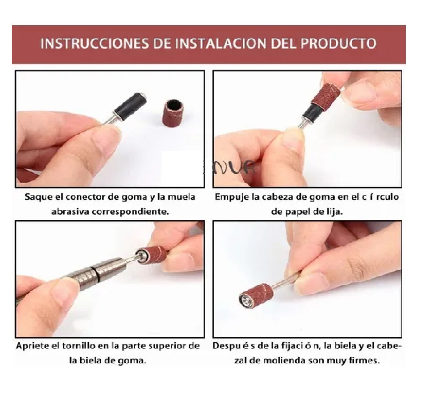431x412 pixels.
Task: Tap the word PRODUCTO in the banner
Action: (339, 44)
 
